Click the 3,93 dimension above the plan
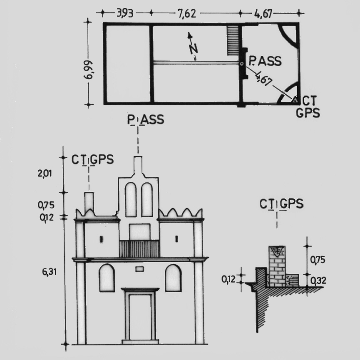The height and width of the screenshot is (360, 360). coord(125,13)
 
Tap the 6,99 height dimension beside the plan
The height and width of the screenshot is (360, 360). coord(88,70)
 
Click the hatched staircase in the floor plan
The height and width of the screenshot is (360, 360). coord(233,40)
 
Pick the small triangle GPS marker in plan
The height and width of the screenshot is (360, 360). coord(295,100)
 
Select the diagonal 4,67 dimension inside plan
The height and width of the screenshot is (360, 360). coord(264,78)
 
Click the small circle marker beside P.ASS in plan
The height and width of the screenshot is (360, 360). coord(241,64)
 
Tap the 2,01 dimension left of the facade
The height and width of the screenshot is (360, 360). coord(45,174)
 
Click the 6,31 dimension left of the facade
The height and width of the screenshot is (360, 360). coord(49,272)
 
